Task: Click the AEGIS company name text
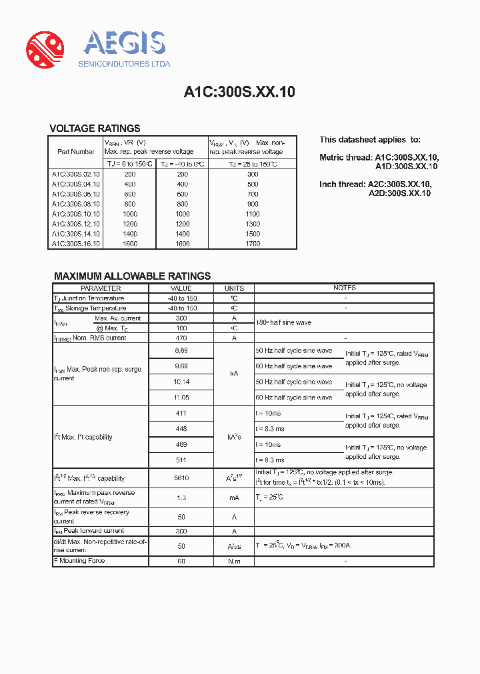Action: pyautogui.click(x=124, y=44)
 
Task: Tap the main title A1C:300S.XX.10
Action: pyautogui.click(x=239, y=93)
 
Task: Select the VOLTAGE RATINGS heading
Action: pyautogui.click(x=95, y=129)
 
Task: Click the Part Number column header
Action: pyautogui.click(x=75, y=152)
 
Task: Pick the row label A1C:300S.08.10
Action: pyautogui.click(x=75, y=204)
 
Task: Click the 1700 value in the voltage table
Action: pyautogui.click(x=252, y=244)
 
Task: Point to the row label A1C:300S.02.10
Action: pyautogui.click(x=75, y=174)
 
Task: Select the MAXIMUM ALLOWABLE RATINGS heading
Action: pyautogui.click(x=132, y=276)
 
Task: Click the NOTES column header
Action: pyautogui.click(x=345, y=288)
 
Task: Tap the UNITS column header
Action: pyautogui.click(x=234, y=288)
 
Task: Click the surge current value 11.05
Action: pyautogui.click(x=181, y=397)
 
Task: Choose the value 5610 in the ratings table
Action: pyautogui.click(x=181, y=478)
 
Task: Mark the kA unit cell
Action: pyautogui.click(x=234, y=374)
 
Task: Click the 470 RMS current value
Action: pyautogui.click(x=181, y=338)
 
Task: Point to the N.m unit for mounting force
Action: pyautogui.click(x=234, y=561)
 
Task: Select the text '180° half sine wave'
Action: pyautogui.click(x=283, y=322)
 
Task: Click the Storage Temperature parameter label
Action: pyautogui.click(x=90, y=308)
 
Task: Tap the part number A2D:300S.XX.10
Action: pyautogui.click(x=399, y=193)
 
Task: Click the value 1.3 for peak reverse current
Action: pyautogui.click(x=181, y=498)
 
